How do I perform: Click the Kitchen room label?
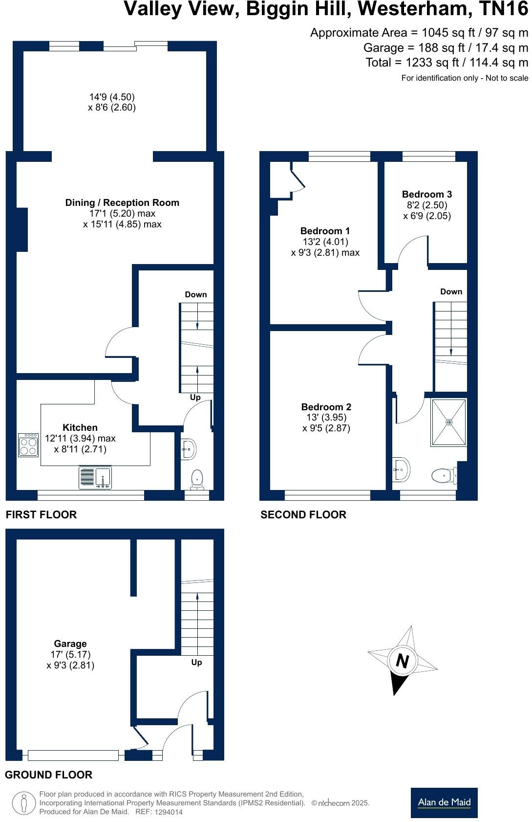(x=80, y=427)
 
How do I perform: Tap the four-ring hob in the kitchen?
(x=28, y=445)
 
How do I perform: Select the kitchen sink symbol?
(x=95, y=478)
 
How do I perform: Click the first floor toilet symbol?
(x=197, y=479)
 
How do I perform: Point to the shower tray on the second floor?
(x=448, y=422)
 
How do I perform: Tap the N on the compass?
(x=402, y=661)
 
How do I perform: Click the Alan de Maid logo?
(x=444, y=802)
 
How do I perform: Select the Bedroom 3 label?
(x=426, y=194)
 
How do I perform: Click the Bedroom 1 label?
(x=325, y=231)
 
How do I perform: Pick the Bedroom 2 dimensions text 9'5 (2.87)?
(x=326, y=428)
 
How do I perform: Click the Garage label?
(x=70, y=644)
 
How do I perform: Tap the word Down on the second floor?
(x=451, y=291)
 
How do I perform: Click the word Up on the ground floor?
(x=196, y=662)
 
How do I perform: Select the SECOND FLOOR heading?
(x=303, y=514)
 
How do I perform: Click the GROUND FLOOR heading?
(x=48, y=775)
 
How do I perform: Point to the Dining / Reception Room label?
(x=122, y=202)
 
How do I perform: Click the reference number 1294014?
(x=169, y=812)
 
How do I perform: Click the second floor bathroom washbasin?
(x=401, y=470)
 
